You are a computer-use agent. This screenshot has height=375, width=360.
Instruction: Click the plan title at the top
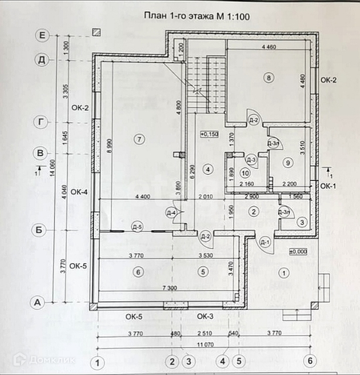(x=196, y=16)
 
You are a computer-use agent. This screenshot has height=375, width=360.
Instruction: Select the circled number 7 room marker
(x=139, y=139)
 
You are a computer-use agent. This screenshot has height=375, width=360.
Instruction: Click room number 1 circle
(x=286, y=272)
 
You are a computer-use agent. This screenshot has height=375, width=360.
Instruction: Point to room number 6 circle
(x=138, y=272)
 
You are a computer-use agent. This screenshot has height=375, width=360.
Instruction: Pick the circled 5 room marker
(x=203, y=272)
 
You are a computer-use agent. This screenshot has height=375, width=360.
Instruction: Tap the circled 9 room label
(x=287, y=162)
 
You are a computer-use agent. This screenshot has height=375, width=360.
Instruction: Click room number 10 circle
(x=246, y=173)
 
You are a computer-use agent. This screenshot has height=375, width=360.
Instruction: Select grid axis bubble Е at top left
(x=42, y=36)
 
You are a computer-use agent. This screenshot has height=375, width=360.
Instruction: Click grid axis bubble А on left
(x=38, y=302)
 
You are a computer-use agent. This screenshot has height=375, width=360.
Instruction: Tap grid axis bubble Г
(x=40, y=122)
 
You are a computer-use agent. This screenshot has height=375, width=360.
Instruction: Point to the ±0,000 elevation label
(x=298, y=251)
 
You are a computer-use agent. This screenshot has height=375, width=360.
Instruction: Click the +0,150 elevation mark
(x=209, y=134)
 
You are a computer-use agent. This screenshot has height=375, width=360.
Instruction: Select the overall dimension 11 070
(x=203, y=345)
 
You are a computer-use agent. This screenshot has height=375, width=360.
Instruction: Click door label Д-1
(x=264, y=241)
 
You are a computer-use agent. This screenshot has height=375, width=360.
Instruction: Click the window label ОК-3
(x=205, y=316)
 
